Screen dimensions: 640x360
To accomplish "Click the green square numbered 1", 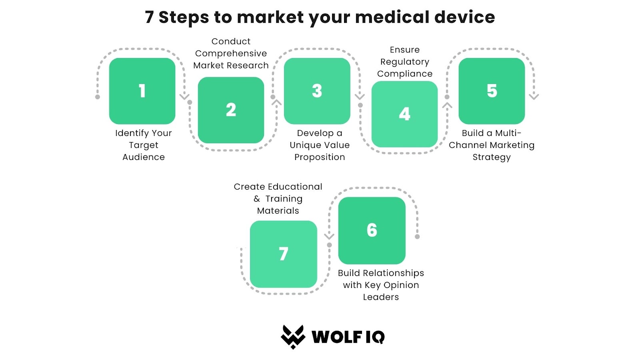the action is tap(142, 91).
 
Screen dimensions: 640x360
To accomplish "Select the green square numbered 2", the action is tap(231, 110).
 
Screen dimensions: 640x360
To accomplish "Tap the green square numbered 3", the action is tap(317, 91).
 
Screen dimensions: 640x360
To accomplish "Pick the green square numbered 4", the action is tap(404, 114).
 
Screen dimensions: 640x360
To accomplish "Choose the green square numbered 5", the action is tap(492, 91).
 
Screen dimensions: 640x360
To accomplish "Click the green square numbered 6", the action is tap(372, 230).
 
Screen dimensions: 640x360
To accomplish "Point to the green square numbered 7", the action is tap(284, 254).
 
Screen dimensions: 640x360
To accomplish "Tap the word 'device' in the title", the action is tap(464, 17).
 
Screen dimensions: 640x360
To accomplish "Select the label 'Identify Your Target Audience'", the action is tap(144, 145).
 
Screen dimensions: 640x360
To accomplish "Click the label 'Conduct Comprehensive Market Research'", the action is tap(231, 54).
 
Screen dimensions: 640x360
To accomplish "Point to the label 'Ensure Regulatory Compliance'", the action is tap(404, 62).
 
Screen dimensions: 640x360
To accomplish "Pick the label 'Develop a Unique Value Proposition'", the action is tap(320, 145).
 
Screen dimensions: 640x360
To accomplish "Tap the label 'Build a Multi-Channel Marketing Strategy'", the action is tap(492, 145).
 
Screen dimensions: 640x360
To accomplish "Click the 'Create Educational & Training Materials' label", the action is tap(278, 198).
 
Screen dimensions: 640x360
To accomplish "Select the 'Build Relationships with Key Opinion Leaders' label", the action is tap(381, 285).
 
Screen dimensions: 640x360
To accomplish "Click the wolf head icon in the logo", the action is tap(293, 337).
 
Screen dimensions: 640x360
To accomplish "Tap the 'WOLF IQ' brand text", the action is tap(348, 337).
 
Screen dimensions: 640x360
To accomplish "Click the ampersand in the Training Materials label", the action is tap(256, 198).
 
